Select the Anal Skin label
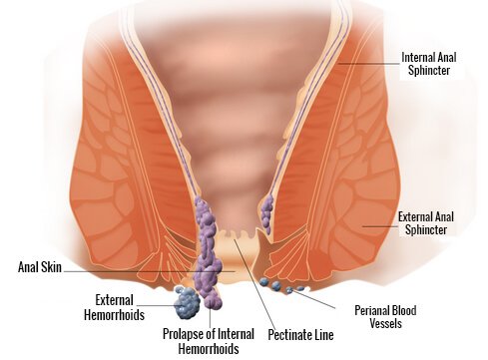[x=43, y=267]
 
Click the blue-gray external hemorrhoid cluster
[x=187, y=299]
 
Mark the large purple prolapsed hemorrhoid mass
[x=209, y=254]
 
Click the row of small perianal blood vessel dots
[x=279, y=287]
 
